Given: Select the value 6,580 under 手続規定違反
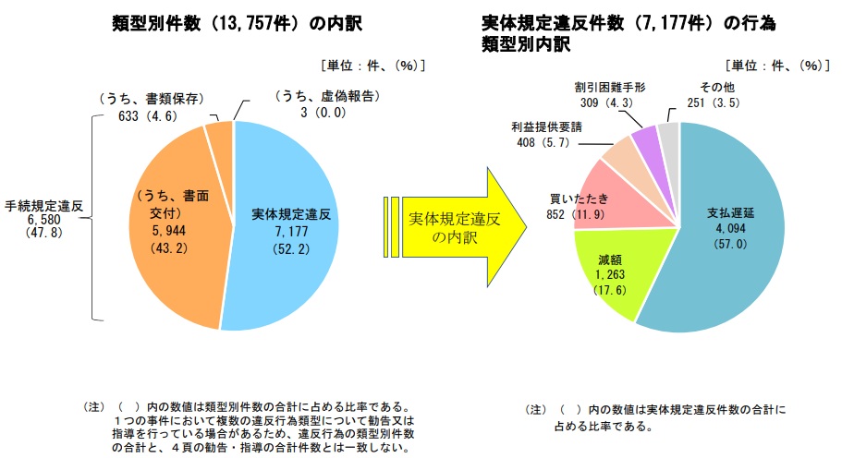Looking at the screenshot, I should (x=38, y=220).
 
